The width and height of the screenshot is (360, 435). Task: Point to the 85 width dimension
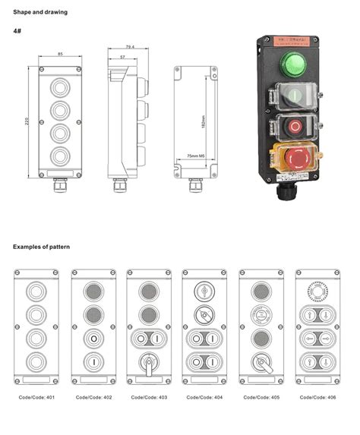point(59,55)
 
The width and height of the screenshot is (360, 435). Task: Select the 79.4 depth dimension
point(129,47)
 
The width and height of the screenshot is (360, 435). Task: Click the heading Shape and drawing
point(39,12)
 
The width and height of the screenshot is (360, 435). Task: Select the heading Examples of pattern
point(44,247)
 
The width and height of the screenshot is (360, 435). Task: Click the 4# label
point(17,31)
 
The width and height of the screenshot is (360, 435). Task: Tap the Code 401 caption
point(36,397)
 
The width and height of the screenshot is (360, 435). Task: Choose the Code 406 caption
point(316,397)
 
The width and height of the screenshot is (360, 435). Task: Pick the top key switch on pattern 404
point(204,291)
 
